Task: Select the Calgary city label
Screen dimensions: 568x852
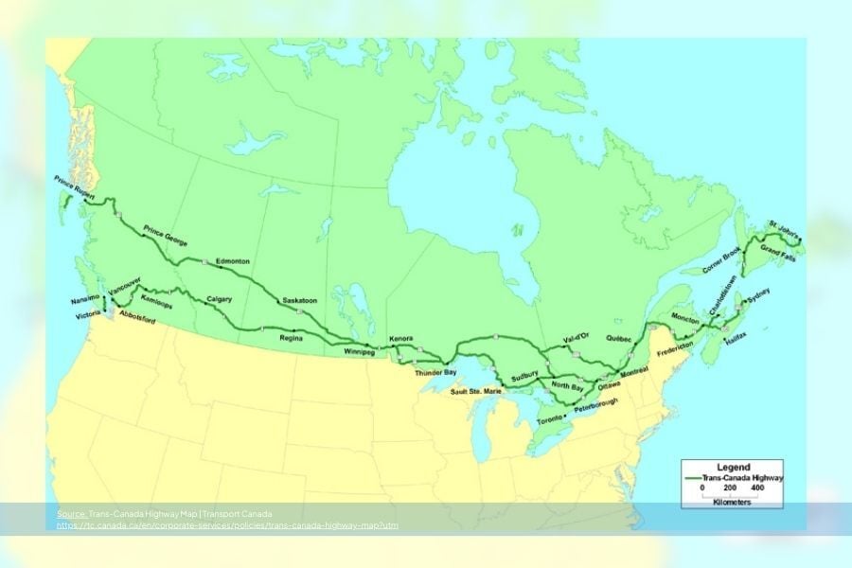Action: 219,299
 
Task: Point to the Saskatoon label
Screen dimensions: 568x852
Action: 300,301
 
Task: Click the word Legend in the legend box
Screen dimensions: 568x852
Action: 734,467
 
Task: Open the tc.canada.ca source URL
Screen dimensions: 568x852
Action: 226,524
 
